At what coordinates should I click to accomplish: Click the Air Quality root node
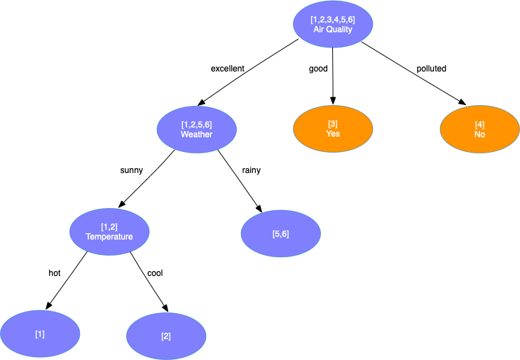(x=332, y=25)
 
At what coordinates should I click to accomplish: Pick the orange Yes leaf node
(x=333, y=129)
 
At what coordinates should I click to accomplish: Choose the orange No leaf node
(x=479, y=129)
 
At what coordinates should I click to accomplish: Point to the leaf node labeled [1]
(x=40, y=334)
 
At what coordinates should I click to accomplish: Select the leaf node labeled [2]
(x=166, y=336)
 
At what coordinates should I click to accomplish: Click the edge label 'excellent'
(x=228, y=69)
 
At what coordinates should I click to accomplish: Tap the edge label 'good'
(x=318, y=69)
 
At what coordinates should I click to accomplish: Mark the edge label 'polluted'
(x=431, y=69)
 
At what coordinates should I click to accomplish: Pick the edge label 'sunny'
(x=132, y=169)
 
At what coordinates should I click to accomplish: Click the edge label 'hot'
(x=54, y=272)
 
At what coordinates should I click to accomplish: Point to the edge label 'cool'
(x=155, y=272)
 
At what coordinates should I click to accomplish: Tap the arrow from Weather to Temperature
(x=147, y=179)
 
